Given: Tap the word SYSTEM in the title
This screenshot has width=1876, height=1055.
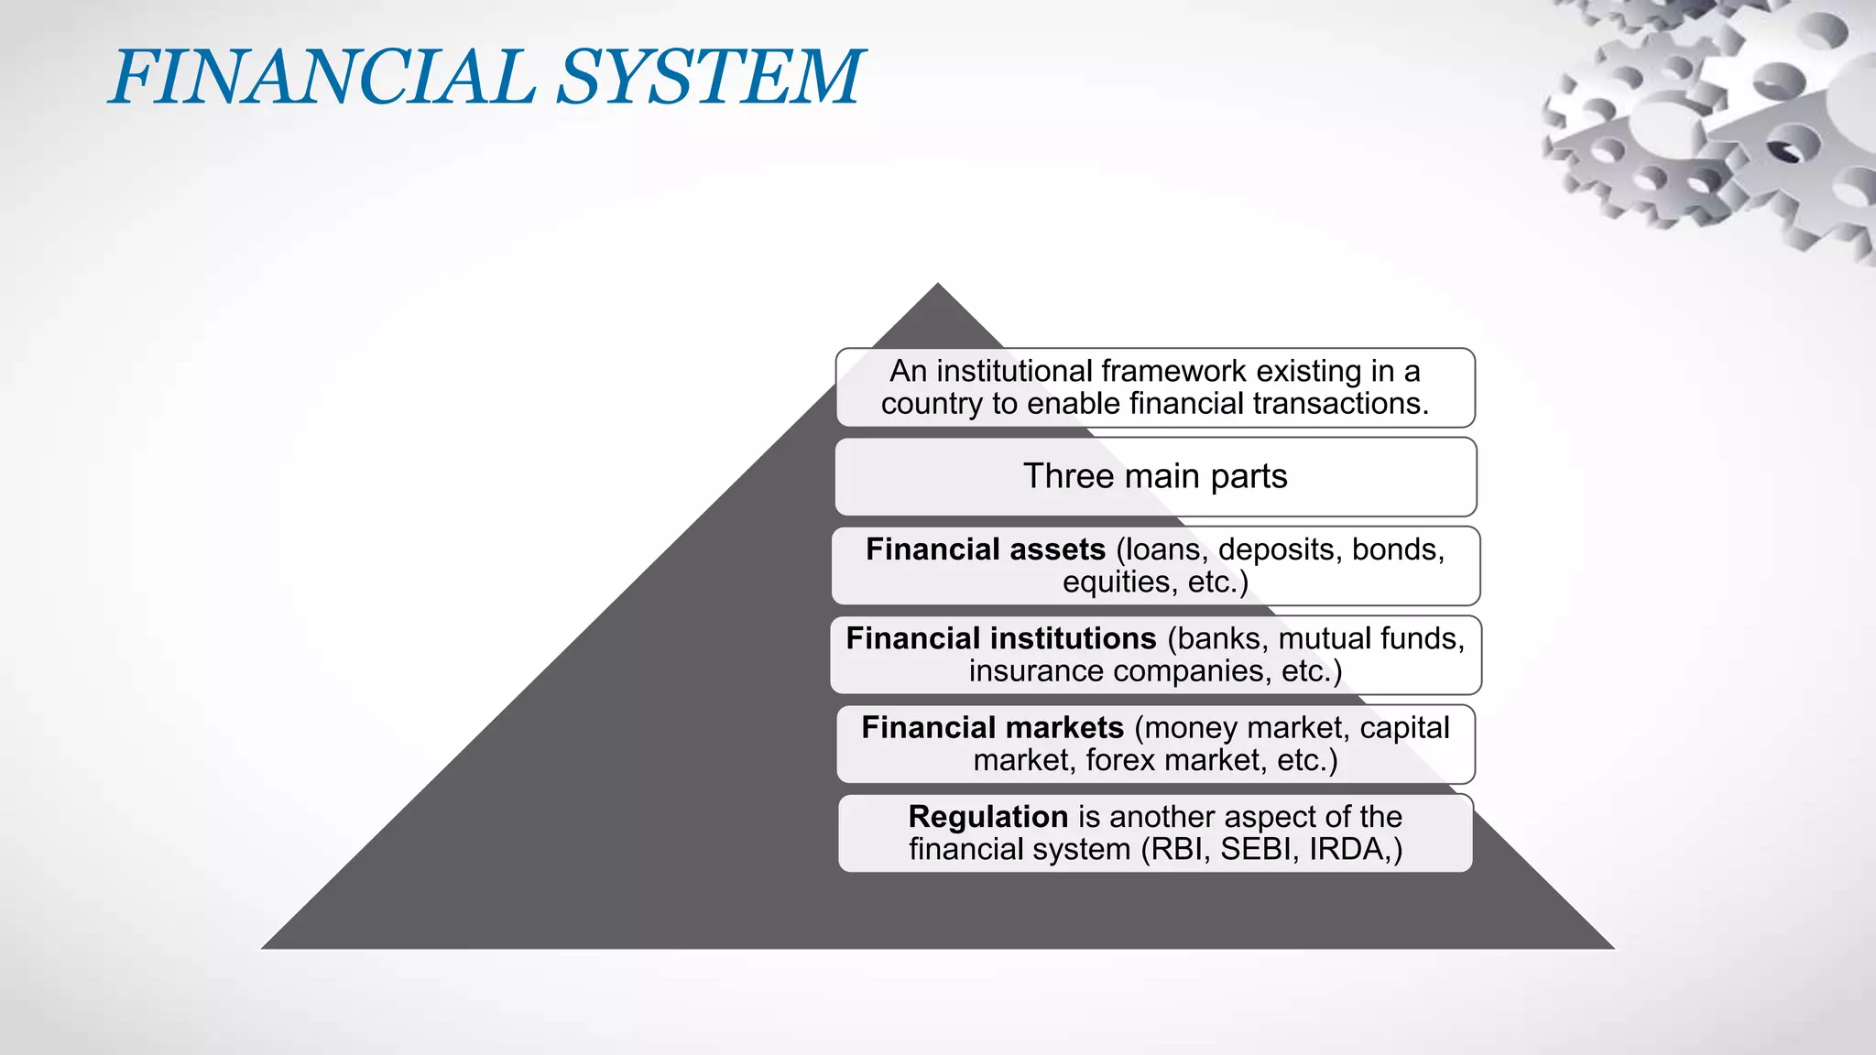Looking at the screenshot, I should click(x=709, y=77).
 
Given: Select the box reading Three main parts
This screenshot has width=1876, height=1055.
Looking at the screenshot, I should click(x=1155, y=477).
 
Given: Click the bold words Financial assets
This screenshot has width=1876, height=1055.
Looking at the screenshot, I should click(x=986, y=549).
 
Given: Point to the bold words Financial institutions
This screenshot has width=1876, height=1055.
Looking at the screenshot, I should click(x=1000, y=638).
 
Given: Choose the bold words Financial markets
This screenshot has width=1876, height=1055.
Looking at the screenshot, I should click(x=992, y=728).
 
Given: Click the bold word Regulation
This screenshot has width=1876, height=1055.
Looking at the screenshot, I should click(x=987, y=817).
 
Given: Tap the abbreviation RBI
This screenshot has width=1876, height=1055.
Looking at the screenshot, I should click(x=1180, y=850).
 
